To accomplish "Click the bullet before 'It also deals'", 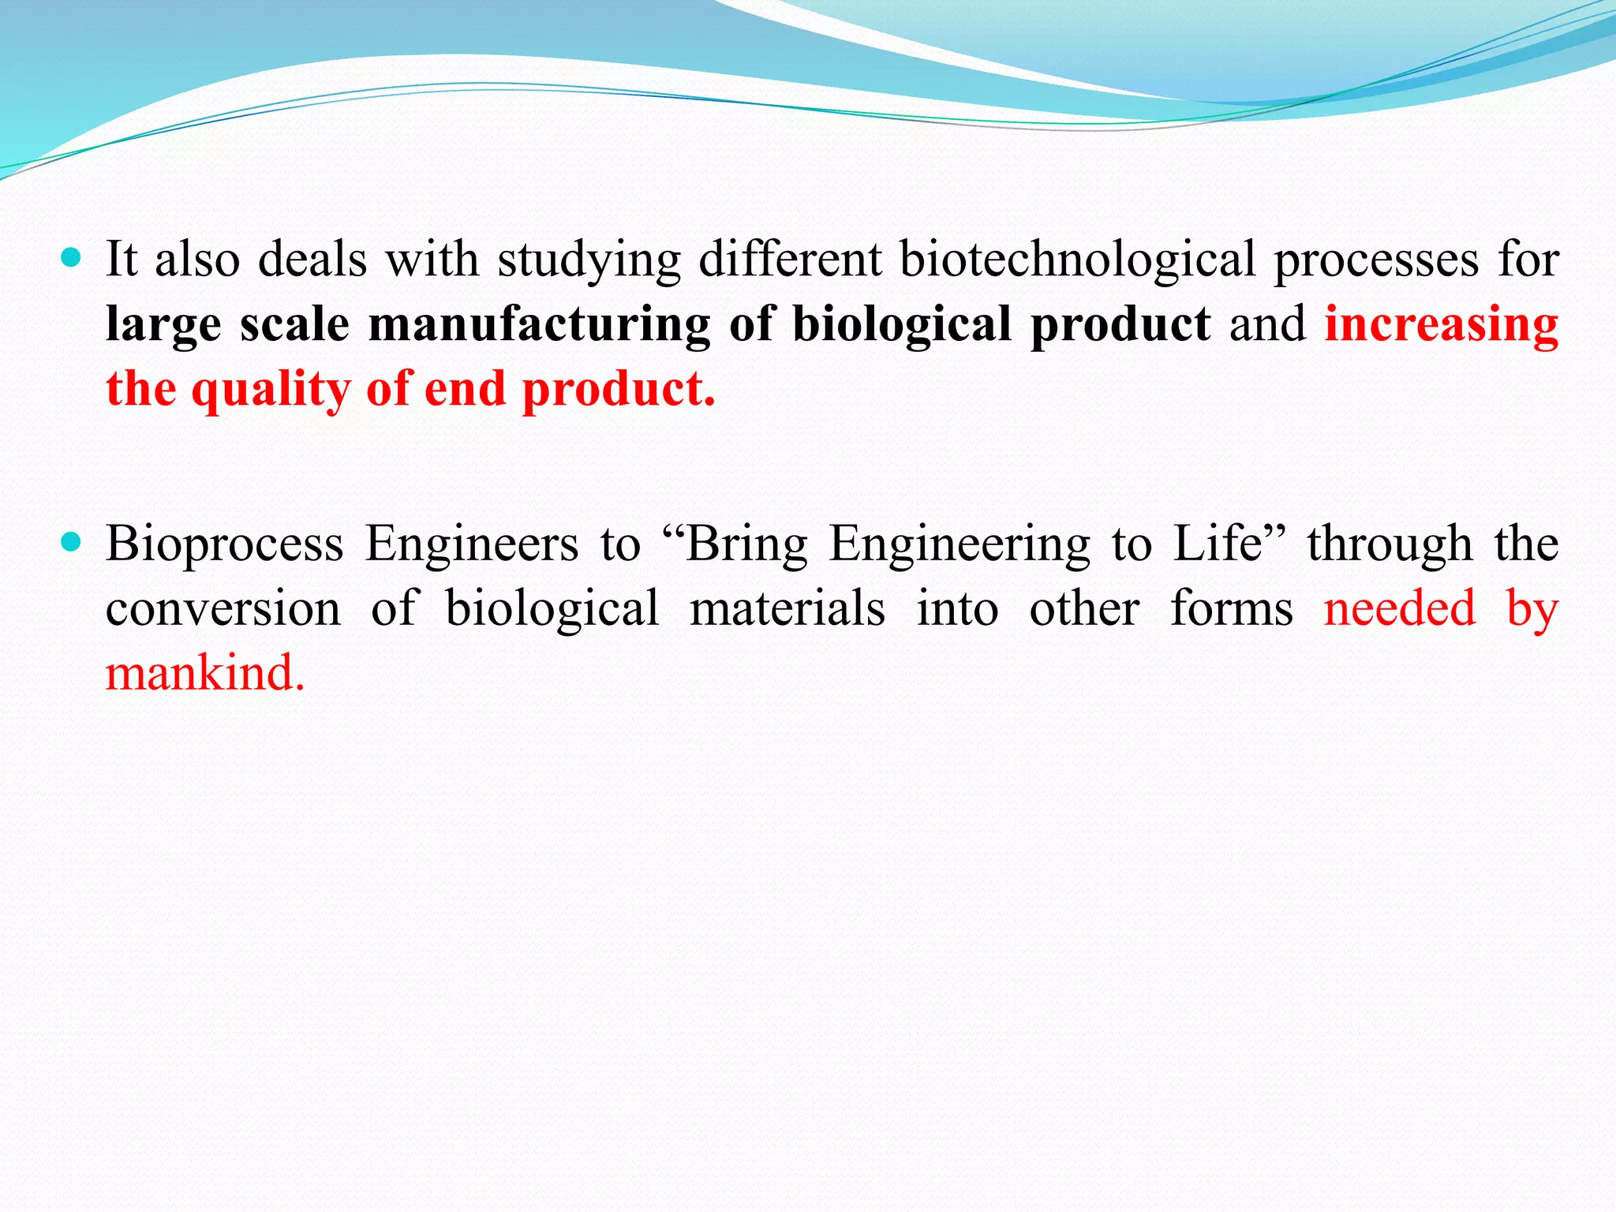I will (x=71, y=258).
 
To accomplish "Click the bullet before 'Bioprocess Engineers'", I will (x=71, y=542).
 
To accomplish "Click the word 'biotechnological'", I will (x=1077, y=260).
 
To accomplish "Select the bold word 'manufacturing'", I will (x=539, y=325).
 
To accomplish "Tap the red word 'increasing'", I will (x=1441, y=325).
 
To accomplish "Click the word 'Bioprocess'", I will (x=225, y=544).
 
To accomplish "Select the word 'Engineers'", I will (x=472, y=544).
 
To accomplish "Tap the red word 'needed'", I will (x=1399, y=608).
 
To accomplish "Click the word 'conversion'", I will (x=223, y=608).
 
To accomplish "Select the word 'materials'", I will (x=787, y=608).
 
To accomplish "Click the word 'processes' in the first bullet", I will (x=1376, y=260).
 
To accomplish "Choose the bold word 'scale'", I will (x=294, y=324).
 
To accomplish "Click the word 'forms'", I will (x=1231, y=608).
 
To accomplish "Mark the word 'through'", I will (x=1390, y=544).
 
